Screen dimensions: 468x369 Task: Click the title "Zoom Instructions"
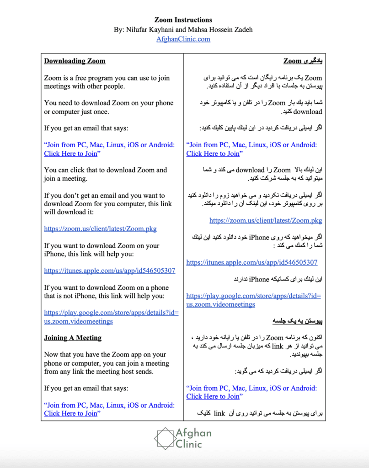[183, 20]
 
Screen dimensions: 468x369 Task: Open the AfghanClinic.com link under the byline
[183, 39]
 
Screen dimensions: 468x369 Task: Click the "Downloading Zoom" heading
[75, 61]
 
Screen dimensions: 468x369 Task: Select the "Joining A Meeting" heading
[73, 338]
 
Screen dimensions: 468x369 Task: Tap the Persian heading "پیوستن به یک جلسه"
[298, 321]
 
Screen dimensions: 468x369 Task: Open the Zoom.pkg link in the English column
[101, 229]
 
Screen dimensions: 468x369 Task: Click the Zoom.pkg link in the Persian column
[266, 220]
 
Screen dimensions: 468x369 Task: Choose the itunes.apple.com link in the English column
[110, 271]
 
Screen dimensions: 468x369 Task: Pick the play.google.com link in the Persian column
[253, 300]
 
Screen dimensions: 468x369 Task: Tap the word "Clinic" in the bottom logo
[188, 443]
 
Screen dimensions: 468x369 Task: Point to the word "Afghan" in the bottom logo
[194, 432]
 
